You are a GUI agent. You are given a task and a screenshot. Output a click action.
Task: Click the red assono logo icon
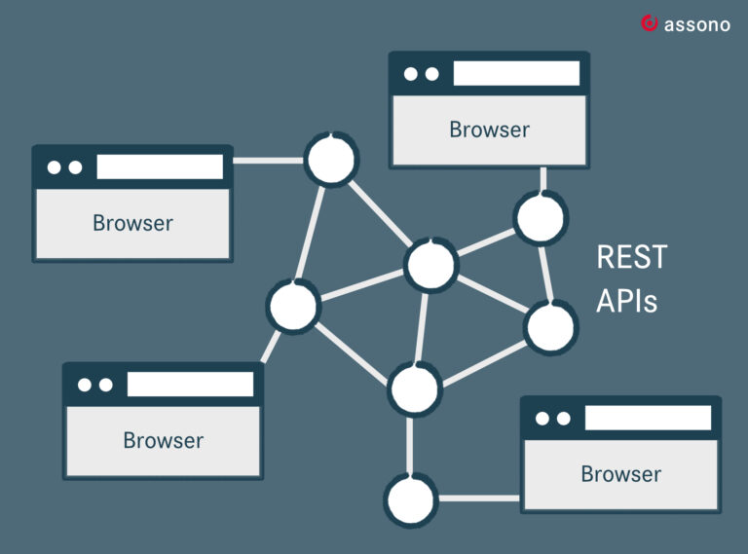650,23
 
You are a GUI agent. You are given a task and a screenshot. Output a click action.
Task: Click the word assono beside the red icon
697,24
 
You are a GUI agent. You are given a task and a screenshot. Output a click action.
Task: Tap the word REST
631,257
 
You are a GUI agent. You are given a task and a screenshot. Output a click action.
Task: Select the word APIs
627,301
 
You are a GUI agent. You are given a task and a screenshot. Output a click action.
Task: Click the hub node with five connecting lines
431,265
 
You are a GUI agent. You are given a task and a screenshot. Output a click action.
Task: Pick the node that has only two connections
411,500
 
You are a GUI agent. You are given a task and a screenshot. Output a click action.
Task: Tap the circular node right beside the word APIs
550,328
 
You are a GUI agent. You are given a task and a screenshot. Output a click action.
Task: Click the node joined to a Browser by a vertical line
541,218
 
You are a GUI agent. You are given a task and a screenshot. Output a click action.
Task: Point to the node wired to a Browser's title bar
331,160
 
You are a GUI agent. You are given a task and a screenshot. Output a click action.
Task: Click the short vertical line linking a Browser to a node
542,180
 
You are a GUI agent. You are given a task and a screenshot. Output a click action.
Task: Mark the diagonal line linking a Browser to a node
271,347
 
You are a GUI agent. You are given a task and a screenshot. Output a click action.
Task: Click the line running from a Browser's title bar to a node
269,161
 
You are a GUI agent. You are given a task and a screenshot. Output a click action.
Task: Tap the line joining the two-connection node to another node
410,445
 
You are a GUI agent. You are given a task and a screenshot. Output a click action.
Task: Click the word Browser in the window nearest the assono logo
490,129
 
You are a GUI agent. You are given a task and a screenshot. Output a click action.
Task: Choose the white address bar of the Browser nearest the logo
516,73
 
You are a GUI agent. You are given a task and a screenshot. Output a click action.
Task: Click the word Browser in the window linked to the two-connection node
621,474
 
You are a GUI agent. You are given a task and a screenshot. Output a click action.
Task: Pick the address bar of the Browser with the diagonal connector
190,384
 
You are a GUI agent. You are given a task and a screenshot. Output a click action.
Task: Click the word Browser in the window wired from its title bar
132,223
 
